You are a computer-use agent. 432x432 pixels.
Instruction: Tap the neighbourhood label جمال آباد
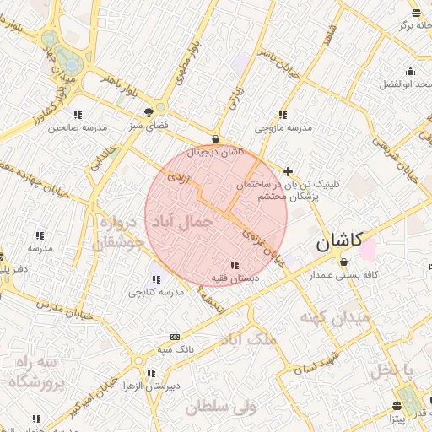[180, 222]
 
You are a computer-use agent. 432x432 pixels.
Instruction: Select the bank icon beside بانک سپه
[174, 336]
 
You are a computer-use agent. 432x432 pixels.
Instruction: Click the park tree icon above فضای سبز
[150, 111]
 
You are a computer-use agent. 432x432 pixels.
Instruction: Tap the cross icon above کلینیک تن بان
[289, 171]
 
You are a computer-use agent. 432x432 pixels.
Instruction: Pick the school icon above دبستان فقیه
[234, 266]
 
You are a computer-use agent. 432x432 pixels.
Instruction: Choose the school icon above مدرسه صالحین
[77, 115]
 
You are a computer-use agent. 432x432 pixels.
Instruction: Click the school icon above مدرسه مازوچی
[283, 115]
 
